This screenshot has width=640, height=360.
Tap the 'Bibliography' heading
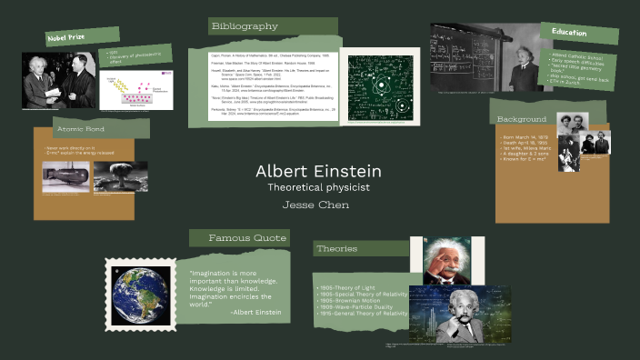click(245, 26)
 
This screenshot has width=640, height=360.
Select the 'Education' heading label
click(569, 33)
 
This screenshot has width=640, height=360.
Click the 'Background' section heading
click(522, 120)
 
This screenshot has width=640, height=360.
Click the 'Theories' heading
click(337, 249)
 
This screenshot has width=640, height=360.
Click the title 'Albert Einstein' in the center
click(318, 171)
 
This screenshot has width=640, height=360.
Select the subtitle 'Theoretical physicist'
click(319, 187)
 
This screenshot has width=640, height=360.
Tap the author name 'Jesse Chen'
click(319, 205)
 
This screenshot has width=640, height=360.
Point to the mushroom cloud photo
click(120, 176)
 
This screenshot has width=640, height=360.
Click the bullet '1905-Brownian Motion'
click(353, 300)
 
